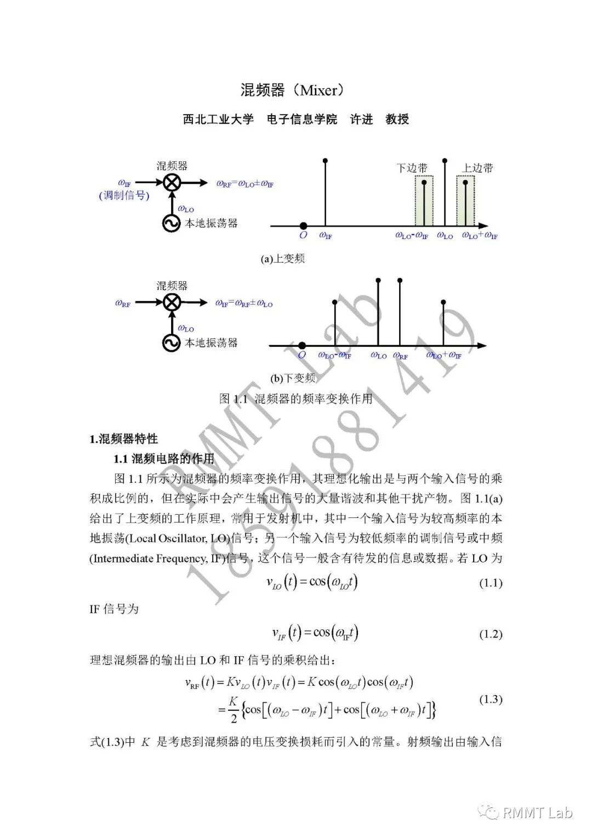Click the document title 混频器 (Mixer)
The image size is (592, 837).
[295, 90]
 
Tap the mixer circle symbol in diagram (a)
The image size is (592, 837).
[172, 182]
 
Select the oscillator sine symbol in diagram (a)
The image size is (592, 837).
[172, 223]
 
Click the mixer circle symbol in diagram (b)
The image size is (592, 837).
[172, 302]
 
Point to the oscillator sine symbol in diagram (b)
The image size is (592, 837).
[172, 343]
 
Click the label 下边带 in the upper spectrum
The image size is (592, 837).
[412, 168]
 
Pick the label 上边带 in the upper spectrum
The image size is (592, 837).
[477, 168]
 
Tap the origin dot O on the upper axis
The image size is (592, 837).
[303, 226]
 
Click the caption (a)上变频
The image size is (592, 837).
[282, 259]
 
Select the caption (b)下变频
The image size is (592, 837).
[293, 378]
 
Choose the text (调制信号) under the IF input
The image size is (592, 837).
[124, 196]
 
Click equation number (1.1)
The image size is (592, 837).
[491, 583]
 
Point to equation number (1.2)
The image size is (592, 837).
[491, 634]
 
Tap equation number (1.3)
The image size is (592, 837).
[491, 699]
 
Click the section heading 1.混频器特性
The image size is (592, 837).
[123, 439]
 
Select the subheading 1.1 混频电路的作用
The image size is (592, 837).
[164, 459]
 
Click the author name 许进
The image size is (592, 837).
[361, 119]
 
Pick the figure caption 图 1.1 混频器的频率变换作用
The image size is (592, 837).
[295, 398]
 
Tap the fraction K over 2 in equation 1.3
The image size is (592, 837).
[234, 709]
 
